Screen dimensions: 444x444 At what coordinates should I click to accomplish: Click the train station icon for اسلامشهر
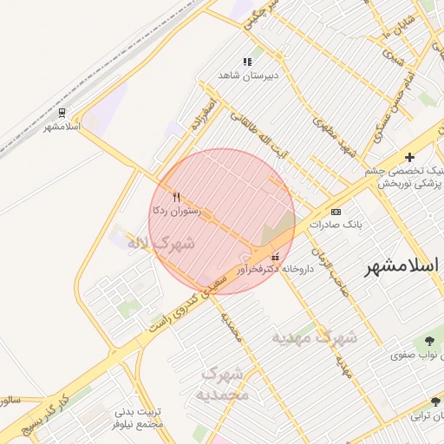tap(62, 113)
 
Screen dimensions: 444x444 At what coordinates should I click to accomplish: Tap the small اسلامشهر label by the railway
tap(62, 127)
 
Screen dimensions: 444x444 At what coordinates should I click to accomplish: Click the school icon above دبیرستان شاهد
tap(247, 62)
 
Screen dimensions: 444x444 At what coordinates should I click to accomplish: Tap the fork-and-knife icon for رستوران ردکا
tap(177, 196)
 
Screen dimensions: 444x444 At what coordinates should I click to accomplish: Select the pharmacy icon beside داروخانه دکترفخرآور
tap(276, 256)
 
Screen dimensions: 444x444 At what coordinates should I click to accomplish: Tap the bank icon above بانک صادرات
tap(336, 211)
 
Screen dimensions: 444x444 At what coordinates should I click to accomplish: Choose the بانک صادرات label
tap(357, 224)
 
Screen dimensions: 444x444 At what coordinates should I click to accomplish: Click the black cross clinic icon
tap(409, 158)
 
